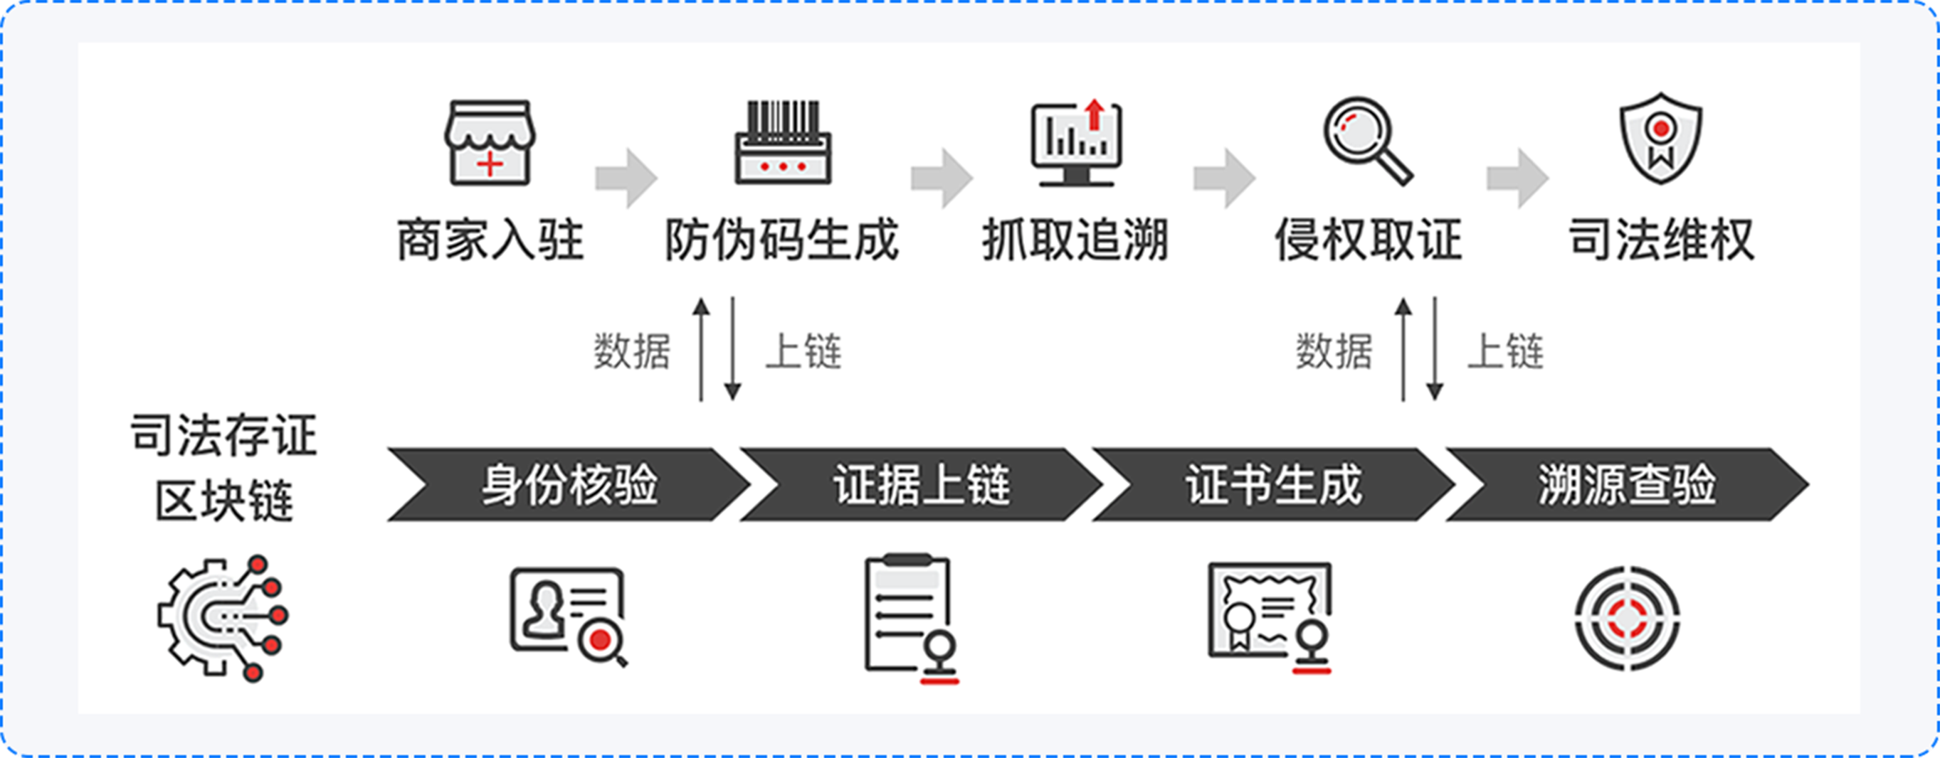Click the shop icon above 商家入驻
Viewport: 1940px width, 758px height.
tap(490, 143)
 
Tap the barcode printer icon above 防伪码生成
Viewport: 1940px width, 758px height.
tap(783, 143)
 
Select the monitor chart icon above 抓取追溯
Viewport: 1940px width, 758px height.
tap(1076, 143)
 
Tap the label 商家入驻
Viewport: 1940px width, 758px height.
tap(490, 240)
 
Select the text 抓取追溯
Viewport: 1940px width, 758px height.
tap(1075, 240)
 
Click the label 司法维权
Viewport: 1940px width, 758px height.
tap(1661, 240)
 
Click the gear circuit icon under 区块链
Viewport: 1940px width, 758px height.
tap(223, 618)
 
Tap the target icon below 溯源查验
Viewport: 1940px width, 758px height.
tap(1627, 618)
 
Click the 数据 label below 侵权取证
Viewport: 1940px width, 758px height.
tap(1334, 351)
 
